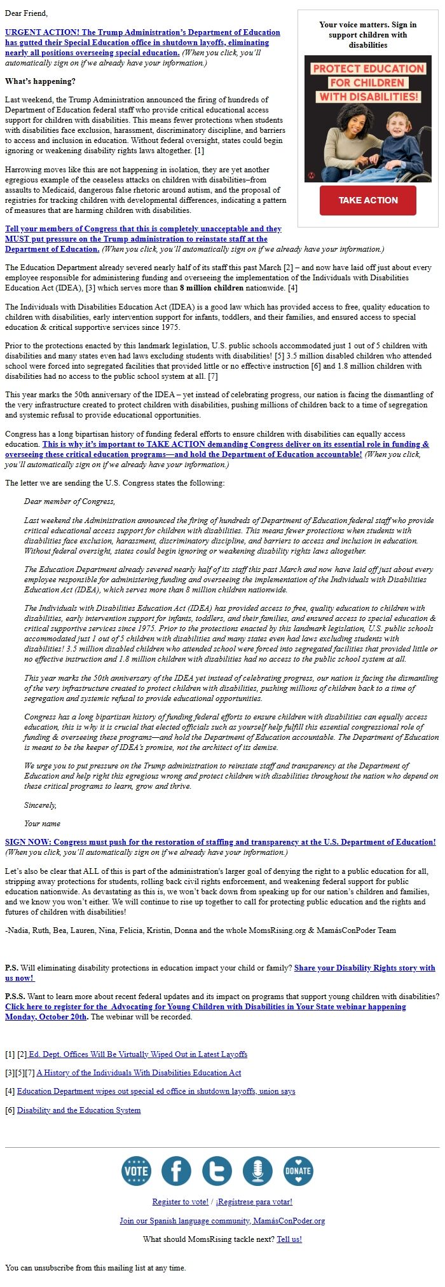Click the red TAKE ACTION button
[x=367, y=200]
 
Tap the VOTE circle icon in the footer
[x=136, y=1171]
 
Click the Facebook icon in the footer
[x=176, y=1171]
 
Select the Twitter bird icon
[x=217, y=1171]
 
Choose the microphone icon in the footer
[x=257, y=1171]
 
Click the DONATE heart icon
[x=298, y=1171]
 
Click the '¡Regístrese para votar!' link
[x=254, y=1202]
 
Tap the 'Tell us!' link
[x=289, y=1239]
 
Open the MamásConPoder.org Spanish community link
[x=222, y=1220]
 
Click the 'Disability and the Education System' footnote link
[x=79, y=1110]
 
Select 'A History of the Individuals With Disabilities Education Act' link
[x=139, y=1073]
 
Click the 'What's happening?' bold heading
[x=40, y=81]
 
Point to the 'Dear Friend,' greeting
[x=26, y=13]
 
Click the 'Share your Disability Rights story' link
[x=364, y=968]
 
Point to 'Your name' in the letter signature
[x=42, y=823]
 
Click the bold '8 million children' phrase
[x=211, y=288]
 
